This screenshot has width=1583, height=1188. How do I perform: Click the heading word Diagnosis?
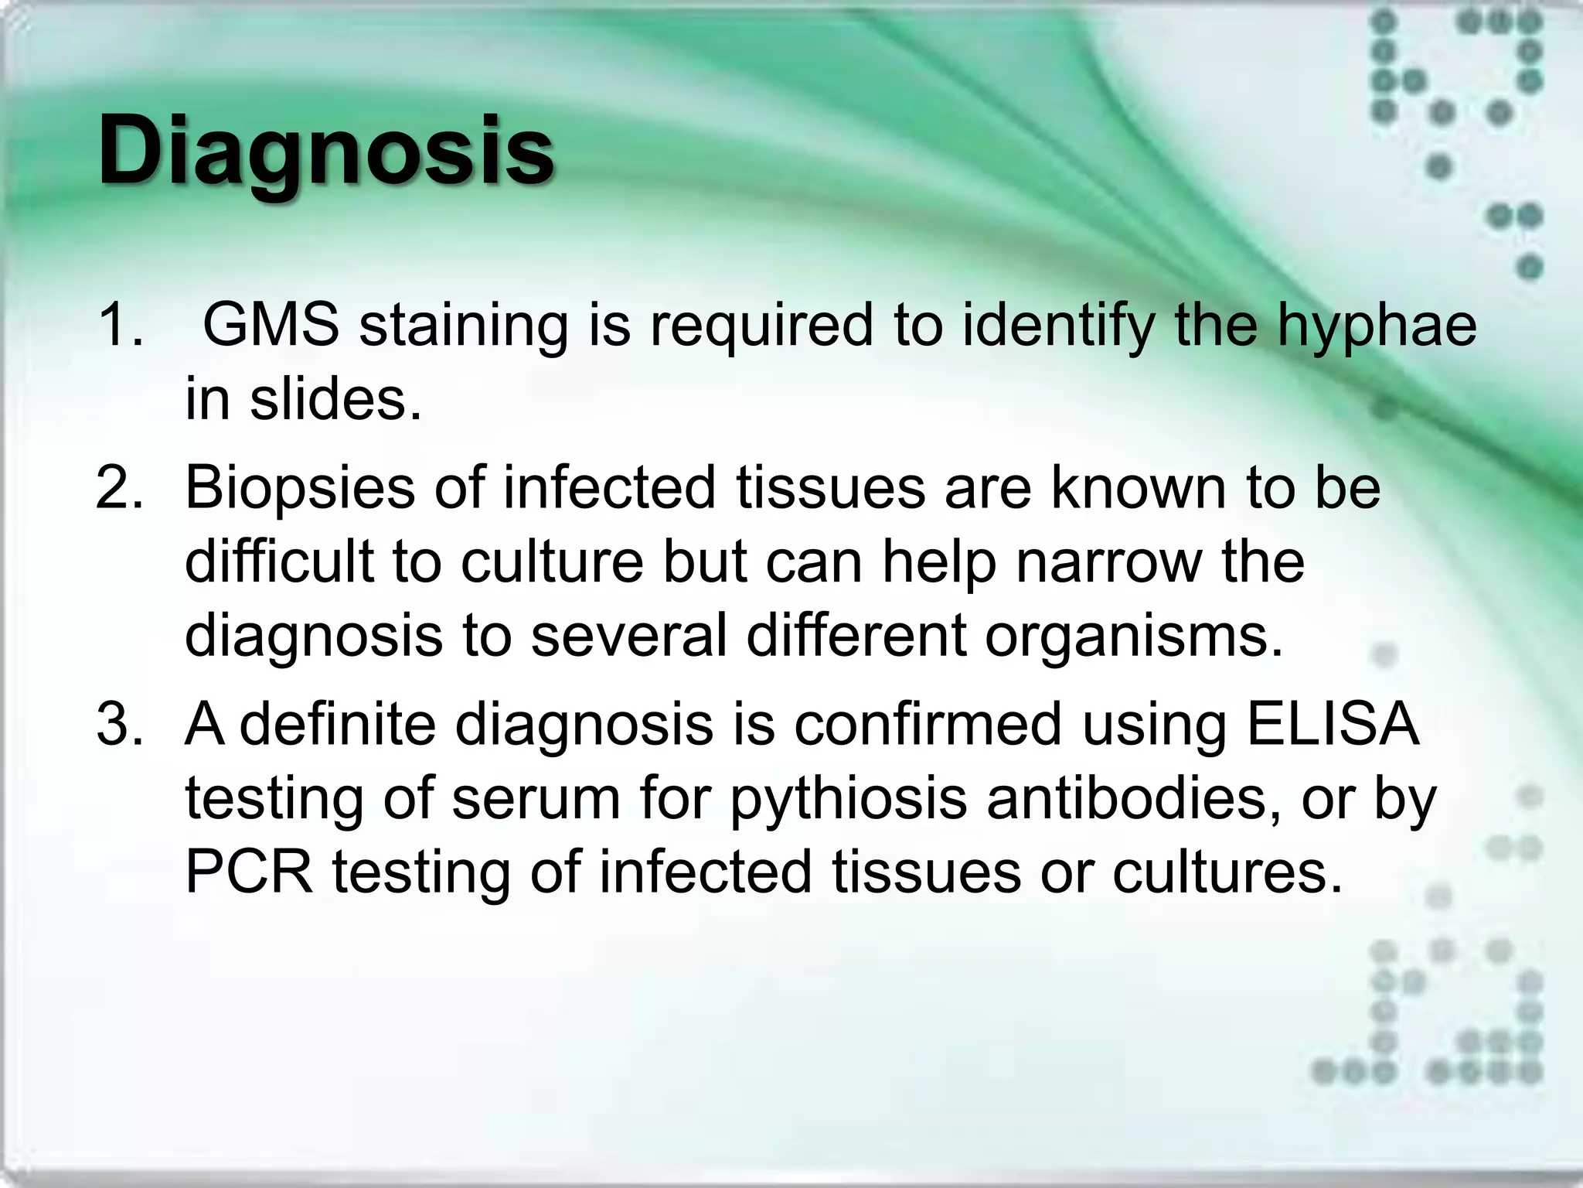[x=325, y=151]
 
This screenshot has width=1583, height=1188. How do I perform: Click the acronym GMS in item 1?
[x=271, y=325]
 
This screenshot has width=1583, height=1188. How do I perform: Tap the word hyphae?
[x=1376, y=325]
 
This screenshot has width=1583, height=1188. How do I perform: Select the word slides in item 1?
[x=336, y=400]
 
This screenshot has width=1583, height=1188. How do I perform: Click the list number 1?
[x=120, y=325]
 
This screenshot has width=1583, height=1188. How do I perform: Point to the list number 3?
[x=120, y=725]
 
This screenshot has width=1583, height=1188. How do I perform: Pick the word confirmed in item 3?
[x=928, y=725]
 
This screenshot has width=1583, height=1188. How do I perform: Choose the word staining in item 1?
[x=464, y=325]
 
